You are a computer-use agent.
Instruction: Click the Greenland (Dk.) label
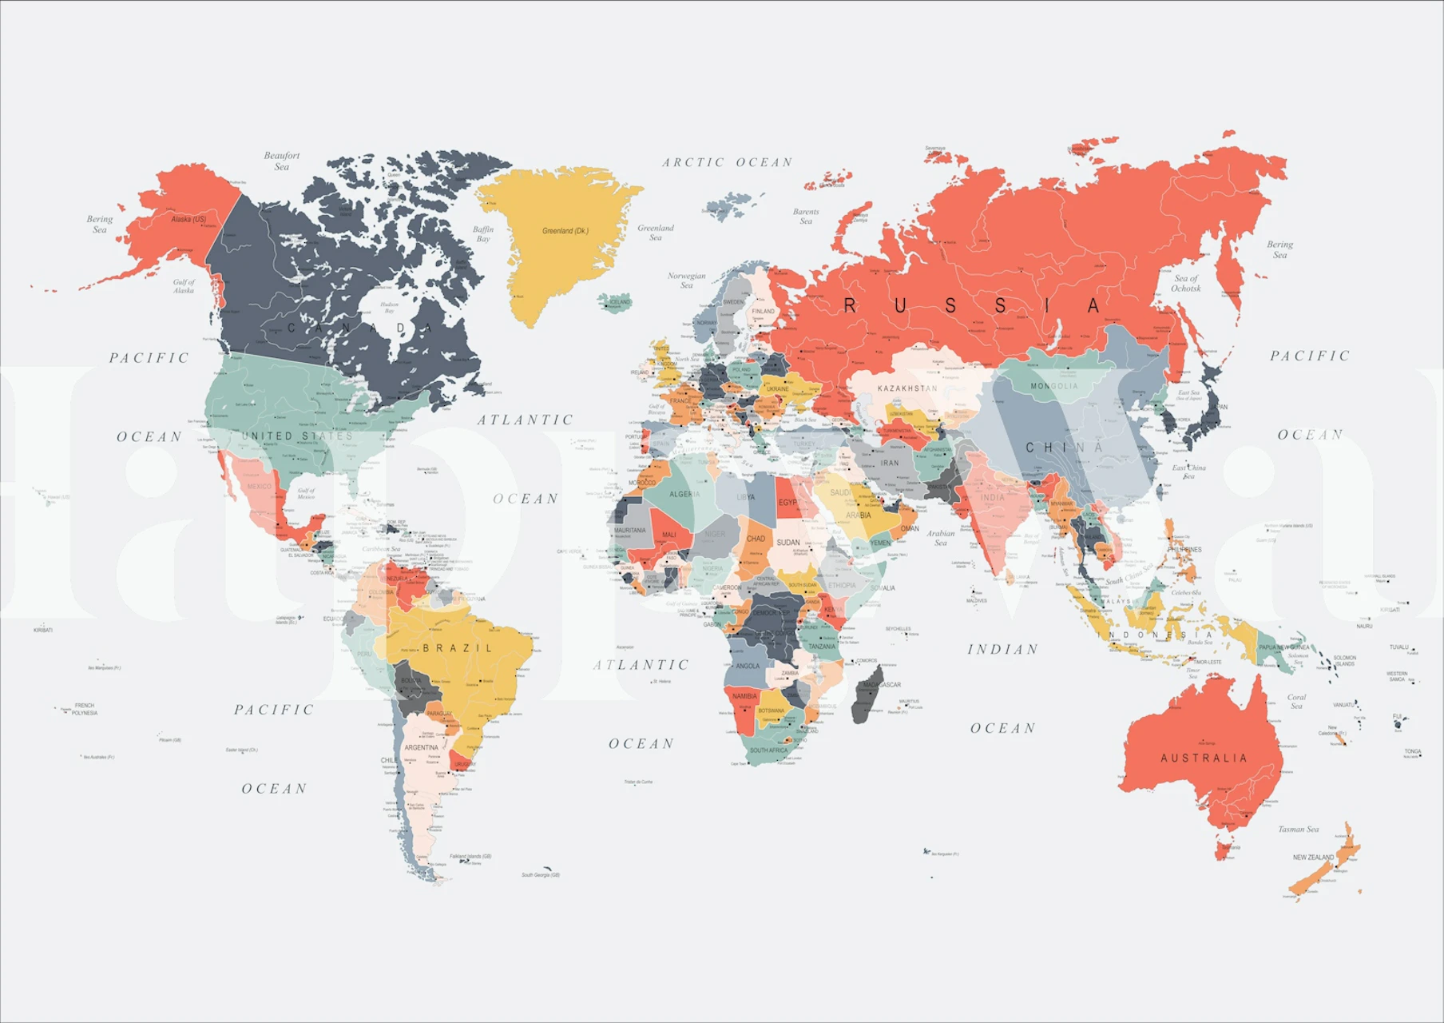pyautogui.click(x=565, y=231)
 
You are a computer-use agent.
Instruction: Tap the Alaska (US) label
pyautogui.click(x=188, y=219)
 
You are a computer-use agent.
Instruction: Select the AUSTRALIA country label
pyautogui.click(x=1204, y=758)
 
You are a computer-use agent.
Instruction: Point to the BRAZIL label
pyautogui.click(x=458, y=648)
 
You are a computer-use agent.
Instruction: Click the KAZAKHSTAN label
pyautogui.click(x=907, y=388)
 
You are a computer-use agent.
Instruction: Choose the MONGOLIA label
pyautogui.click(x=1053, y=386)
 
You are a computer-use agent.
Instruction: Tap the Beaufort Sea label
pyautogui.click(x=282, y=161)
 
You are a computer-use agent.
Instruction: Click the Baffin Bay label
pyautogui.click(x=483, y=233)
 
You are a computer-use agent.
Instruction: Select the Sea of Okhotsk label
pyautogui.click(x=1186, y=283)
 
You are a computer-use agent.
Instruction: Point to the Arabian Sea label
pyautogui.click(x=941, y=538)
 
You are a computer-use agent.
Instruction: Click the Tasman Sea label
pyautogui.click(x=1298, y=829)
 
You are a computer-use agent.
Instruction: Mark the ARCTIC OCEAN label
pyautogui.click(x=727, y=162)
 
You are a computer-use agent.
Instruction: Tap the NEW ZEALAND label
pyautogui.click(x=1313, y=858)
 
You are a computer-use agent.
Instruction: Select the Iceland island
pyautogui.click(x=616, y=302)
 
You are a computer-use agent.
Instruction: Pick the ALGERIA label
pyautogui.click(x=684, y=494)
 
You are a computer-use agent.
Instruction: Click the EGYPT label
pyautogui.click(x=789, y=502)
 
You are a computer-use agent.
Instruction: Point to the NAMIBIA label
pyautogui.click(x=744, y=696)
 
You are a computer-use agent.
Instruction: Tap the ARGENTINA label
pyautogui.click(x=421, y=747)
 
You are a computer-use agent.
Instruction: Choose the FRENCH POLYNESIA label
pyautogui.click(x=84, y=709)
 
